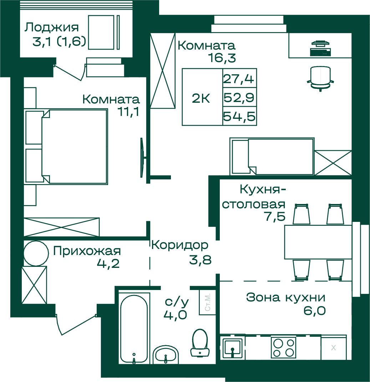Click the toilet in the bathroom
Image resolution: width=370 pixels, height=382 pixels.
(x=200, y=342)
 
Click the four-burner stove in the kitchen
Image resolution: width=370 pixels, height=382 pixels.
(x=283, y=347)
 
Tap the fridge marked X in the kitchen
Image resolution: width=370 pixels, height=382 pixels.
(x=334, y=347)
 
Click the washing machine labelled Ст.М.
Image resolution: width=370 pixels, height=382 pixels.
(x=207, y=302)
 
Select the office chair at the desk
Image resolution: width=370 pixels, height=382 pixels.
(x=320, y=78)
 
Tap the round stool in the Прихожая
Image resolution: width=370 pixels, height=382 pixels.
(x=36, y=253)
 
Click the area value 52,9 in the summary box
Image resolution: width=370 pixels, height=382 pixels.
(x=239, y=97)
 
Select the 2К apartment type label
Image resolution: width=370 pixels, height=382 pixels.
(x=201, y=98)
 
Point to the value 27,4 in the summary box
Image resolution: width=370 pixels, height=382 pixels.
(x=239, y=79)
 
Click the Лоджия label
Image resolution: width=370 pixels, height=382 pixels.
(x=51, y=27)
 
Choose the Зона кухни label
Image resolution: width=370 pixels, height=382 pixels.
(x=286, y=297)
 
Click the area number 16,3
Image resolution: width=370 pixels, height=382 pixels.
(x=222, y=58)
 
